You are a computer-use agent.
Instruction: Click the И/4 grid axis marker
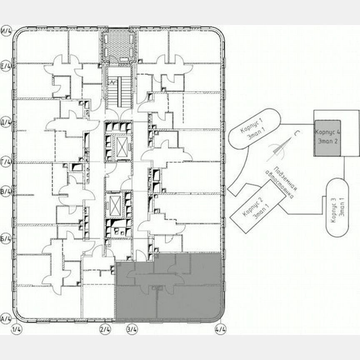[x=6, y=31]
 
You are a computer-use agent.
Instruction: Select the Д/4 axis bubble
[x=6, y=123]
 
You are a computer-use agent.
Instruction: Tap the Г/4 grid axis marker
[x=6, y=162]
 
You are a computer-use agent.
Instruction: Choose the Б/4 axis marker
[x=6, y=237]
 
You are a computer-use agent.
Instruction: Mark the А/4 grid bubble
[x=6, y=319]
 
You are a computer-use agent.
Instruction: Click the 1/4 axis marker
[x=17, y=329]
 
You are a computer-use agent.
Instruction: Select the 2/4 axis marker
[x=105, y=329]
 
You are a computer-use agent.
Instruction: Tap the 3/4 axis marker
[x=132, y=329]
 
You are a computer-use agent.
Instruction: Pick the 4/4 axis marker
[x=220, y=329]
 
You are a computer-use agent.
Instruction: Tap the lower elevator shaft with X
[x=115, y=205]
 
